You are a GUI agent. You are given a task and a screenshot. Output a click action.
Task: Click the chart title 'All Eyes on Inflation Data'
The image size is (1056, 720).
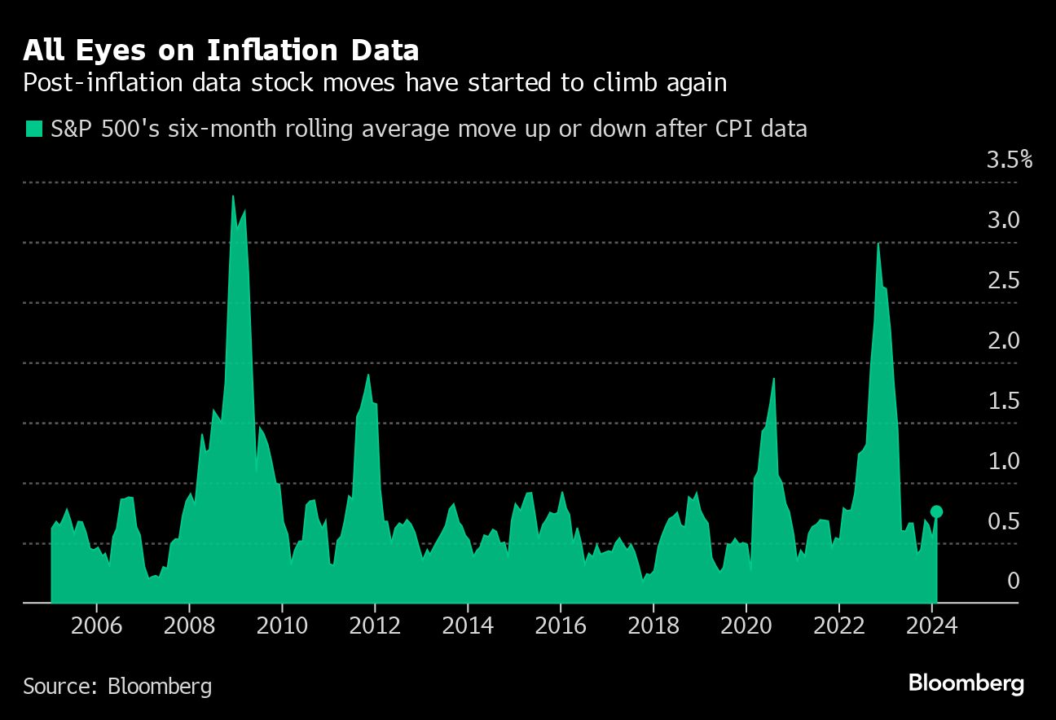tap(221, 50)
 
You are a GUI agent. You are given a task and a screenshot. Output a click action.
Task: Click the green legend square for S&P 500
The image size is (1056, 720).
tap(33, 129)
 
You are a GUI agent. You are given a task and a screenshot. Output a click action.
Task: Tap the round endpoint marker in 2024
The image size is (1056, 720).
tap(936, 511)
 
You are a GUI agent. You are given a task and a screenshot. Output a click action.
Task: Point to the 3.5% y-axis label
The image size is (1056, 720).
tap(1009, 160)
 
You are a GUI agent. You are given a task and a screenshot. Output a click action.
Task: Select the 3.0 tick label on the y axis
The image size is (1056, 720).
tap(1003, 220)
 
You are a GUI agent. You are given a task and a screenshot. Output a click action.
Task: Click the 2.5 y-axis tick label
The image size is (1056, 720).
tap(1003, 280)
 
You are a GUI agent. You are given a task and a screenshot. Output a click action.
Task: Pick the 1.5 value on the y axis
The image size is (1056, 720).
tap(1003, 401)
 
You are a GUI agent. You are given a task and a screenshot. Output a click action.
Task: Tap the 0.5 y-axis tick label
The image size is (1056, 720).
tap(1003, 521)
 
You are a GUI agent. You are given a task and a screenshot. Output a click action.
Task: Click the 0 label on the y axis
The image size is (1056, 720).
tap(1014, 581)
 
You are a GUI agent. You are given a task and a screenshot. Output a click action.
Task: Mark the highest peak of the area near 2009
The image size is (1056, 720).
tap(233, 195)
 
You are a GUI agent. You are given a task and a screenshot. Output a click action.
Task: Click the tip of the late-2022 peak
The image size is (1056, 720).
tap(878, 244)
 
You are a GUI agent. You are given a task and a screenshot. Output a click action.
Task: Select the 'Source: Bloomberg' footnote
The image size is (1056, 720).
tap(117, 686)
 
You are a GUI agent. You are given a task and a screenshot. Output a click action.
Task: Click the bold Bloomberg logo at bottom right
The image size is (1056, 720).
tap(966, 683)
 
